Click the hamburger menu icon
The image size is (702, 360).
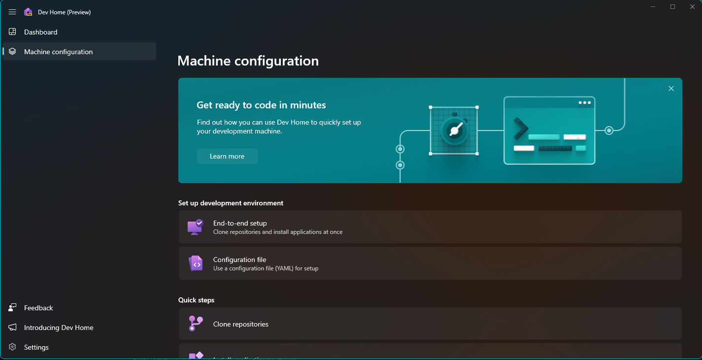[x=12, y=12]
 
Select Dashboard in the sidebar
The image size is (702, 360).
[x=41, y=32]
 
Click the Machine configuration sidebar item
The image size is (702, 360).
[x=58, y=52]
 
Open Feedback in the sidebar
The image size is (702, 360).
[x=38, y=308]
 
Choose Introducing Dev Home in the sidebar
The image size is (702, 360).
[x=59, y=327]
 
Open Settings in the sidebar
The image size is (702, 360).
[x=36, y=347]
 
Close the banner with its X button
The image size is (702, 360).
[x=671, y=89]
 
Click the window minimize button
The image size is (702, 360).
[x=653, y=7]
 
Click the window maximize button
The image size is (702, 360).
[x=672, y=7]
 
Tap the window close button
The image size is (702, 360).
[x=692, y=7]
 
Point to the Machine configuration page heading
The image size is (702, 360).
[x=248, y=61]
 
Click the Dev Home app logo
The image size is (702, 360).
[x=28, y=12]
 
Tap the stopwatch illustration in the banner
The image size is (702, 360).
[x=454, y=130]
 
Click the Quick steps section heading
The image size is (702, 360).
[x=196, y=300]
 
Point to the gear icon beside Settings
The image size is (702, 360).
[x=12, y=347]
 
